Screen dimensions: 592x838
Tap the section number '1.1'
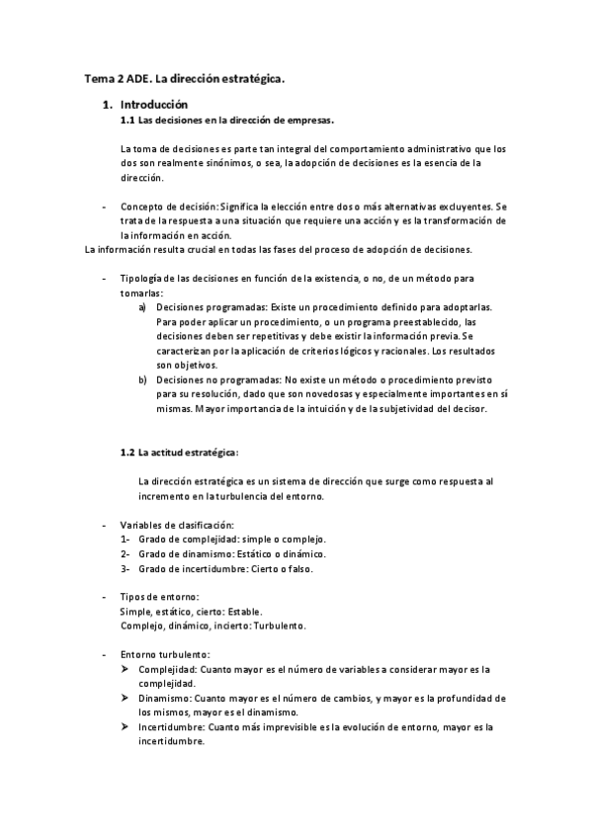[127, 120]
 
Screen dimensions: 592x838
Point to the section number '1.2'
[127, 452]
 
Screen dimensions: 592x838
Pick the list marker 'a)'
[143, 307]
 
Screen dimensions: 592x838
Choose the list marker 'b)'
[143, 379]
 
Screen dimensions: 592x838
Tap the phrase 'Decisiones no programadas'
[217, 379]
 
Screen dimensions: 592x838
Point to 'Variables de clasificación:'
[177, 525]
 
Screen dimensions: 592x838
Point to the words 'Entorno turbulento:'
[164, 655]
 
